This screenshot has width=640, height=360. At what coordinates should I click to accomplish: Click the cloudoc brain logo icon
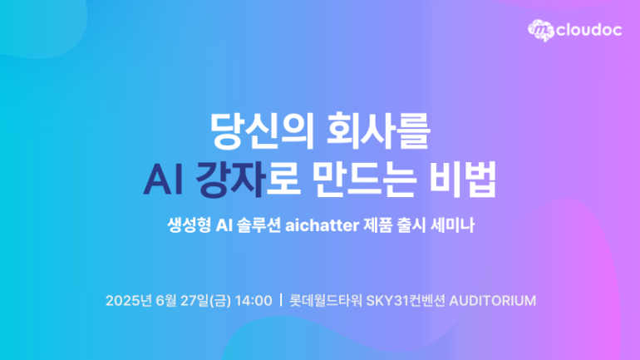pyautogui.click(x=541, y=30)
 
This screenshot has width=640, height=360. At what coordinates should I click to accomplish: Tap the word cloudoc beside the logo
pyautogui.click(x=589, y=30)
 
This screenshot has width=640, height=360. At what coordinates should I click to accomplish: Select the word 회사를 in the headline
pyautogui.click(x=378, y=131)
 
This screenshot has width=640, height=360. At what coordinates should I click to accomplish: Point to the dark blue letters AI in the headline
pyautogui.click(x=163, y=180)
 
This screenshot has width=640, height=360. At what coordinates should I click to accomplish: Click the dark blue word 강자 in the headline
pyautogui.click(x=230, y=180)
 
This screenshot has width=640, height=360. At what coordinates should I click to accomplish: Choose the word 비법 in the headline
pyautogui.click(x=463, y=180)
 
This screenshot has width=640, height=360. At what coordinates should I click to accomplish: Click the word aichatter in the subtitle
pyautogui.click(x=322, y=225)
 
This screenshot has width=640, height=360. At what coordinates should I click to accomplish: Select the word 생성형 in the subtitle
pyautogui.click(x=189, y=225)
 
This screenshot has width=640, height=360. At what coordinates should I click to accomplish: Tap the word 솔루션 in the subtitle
pyautogui.click(x=258, y=225)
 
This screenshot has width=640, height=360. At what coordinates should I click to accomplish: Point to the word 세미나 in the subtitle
pyautogui.click(x=453, y=225)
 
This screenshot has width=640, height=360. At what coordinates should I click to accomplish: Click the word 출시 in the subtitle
pyautogui.click(x=411, y=225)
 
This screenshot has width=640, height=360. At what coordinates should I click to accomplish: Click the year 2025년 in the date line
pyautogui.click(x=129, y=301)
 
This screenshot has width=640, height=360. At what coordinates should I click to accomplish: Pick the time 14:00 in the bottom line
pyautogui.click(x=254, y=301)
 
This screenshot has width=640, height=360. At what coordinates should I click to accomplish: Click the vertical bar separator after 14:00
pyautogui.click(x=281, y=300)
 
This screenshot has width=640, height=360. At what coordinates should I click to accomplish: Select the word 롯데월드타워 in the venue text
pyautogui.click(x=326, y=301)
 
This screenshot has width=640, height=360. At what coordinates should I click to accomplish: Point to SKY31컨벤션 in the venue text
pyautogui.click(x=406, y=301)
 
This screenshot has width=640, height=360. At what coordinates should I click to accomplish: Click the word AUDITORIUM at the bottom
pyautogui.click(x=493, y=301)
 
